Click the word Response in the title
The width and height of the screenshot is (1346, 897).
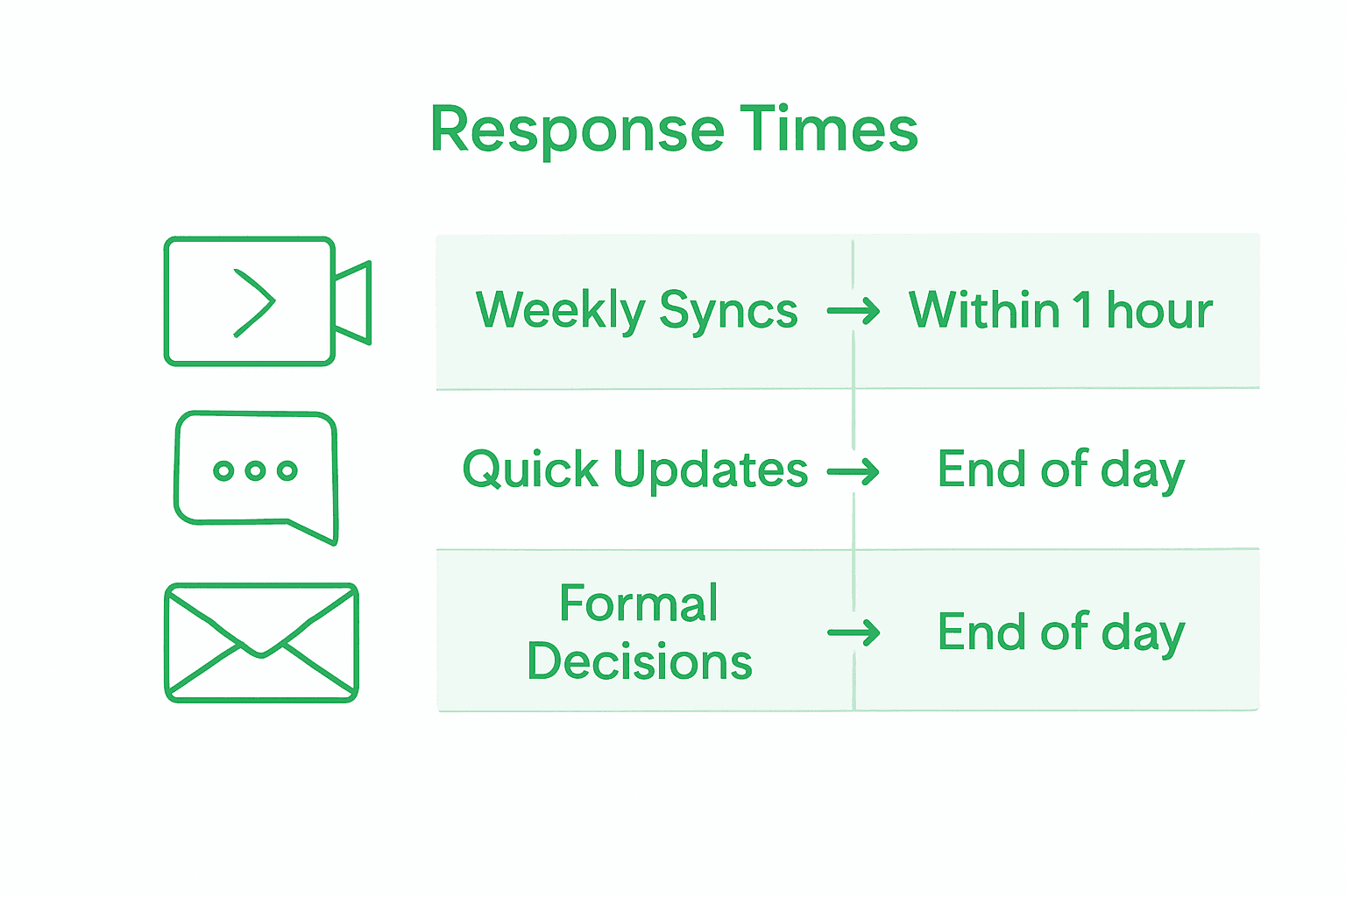pos(577,130)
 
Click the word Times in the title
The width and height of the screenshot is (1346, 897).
pos(828,129)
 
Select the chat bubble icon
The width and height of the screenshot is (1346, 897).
pos(256,476)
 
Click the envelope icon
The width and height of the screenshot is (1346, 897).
pos(261,642)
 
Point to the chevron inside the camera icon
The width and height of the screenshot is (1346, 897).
pos(254,303)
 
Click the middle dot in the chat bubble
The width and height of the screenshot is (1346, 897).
pos(255,470)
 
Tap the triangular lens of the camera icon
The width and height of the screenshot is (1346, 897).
pos(353,302)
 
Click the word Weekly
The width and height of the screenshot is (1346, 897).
pos(560,310)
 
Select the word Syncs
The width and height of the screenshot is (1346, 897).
pos(728,310)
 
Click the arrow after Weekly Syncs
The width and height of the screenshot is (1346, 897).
pos(854,311)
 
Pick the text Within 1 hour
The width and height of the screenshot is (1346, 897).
pos(1060,310)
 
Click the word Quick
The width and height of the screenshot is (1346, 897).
pos(530,470)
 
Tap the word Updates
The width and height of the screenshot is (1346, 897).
pos(710,470)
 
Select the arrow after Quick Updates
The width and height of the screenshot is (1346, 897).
pos(854,472)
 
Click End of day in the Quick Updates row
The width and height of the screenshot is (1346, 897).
pos(1060,470)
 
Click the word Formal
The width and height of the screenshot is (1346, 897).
pos(639,603)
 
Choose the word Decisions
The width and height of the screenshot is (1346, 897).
pos(639,661)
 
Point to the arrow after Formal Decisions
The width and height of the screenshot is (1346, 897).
pos(854,632)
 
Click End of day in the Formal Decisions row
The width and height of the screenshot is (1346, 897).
pos(1060,632)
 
